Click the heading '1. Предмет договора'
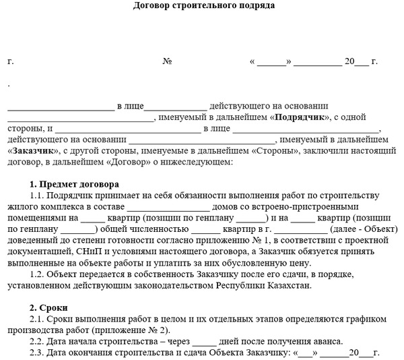tap(74, 185)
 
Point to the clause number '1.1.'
tap(40, 196)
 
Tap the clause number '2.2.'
tap(40, 341)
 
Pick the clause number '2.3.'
tap(40, 353)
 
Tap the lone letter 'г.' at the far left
tap(11, 61)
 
